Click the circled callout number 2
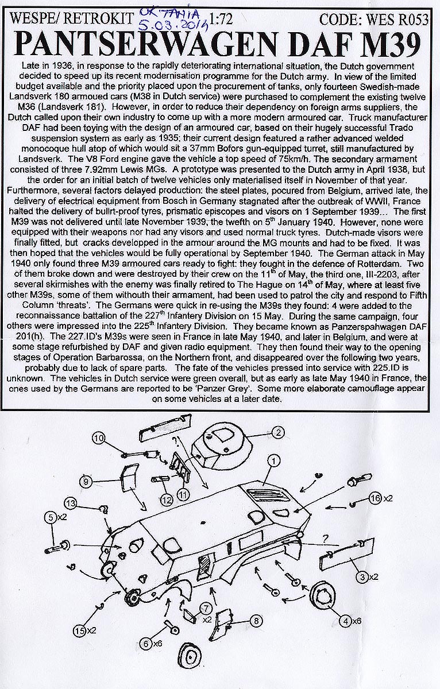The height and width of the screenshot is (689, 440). pos(277,432)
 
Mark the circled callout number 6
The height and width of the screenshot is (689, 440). pos(148,644)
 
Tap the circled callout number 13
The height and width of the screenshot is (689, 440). pos(70,503)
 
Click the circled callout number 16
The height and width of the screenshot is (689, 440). pos(376,498)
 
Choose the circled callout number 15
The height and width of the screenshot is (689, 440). pos(80,631)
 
